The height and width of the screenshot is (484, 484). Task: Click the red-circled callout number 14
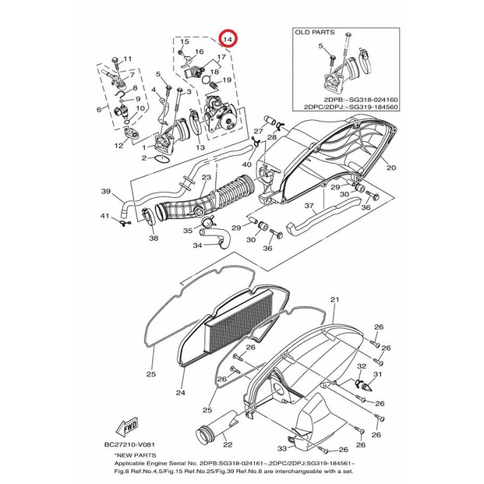coord(228,38)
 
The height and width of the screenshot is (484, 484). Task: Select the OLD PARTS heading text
coord(315,33)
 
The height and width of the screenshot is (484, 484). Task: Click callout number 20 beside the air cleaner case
coord(390,168)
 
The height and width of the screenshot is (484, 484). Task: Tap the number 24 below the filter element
coord(180,393)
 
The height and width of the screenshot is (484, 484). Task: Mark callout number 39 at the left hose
coord(106,191)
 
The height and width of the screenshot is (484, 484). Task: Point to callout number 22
coord(228,445)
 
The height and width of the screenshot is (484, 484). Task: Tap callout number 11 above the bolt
coord(128,59)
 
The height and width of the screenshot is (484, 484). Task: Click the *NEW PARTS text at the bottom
coord(134,454)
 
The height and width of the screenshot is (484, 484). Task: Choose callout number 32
coord(361,366)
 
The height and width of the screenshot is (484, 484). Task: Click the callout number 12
coord(119,145)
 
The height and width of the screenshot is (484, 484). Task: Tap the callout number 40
coord(247,164)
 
